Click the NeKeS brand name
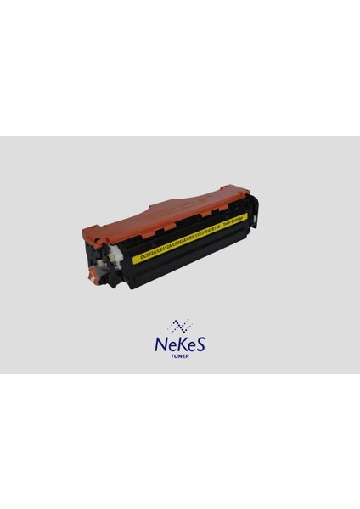pyautogui.click(x=180, y=344)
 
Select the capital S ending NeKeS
pyautogui.click(x=201, y=344)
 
